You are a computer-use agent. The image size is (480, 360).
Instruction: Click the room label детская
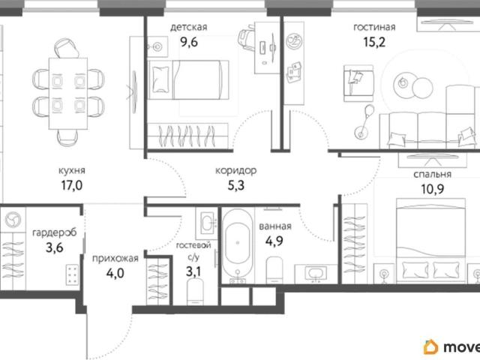(x=188, y=28)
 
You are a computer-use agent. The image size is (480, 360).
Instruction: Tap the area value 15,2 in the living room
(x=374, y=42)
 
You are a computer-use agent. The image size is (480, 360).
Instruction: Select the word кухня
(x=72, y=171)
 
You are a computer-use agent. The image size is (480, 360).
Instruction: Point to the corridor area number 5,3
(x=236, y=185)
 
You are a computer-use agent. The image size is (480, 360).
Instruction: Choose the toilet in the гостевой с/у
(x=195, y=292)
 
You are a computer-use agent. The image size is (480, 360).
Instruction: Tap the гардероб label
(x=54, y=233)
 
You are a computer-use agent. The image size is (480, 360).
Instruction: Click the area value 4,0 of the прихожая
(x=115, y=273)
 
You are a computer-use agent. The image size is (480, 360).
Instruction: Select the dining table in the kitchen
(x=68, y=93)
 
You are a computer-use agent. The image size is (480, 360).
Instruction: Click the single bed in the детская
(x=188, y=80)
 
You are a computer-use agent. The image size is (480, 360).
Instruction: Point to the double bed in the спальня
(x=431, y=241)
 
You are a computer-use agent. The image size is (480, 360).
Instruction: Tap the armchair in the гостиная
(x=358, y=83)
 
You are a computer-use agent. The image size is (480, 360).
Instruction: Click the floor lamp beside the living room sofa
(x=364, y=121)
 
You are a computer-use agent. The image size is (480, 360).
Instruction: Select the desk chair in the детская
(x=247, y=37)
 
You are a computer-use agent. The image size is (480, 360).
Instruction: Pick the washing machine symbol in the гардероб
(x=13, y=220)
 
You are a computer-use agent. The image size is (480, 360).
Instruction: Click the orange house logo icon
(x=431, y=347)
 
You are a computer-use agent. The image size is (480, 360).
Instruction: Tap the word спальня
(x=432, y=175)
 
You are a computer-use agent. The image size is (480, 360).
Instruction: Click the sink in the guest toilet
(x=207, y=223)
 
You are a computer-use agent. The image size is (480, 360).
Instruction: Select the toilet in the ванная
(x=274, y=270)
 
